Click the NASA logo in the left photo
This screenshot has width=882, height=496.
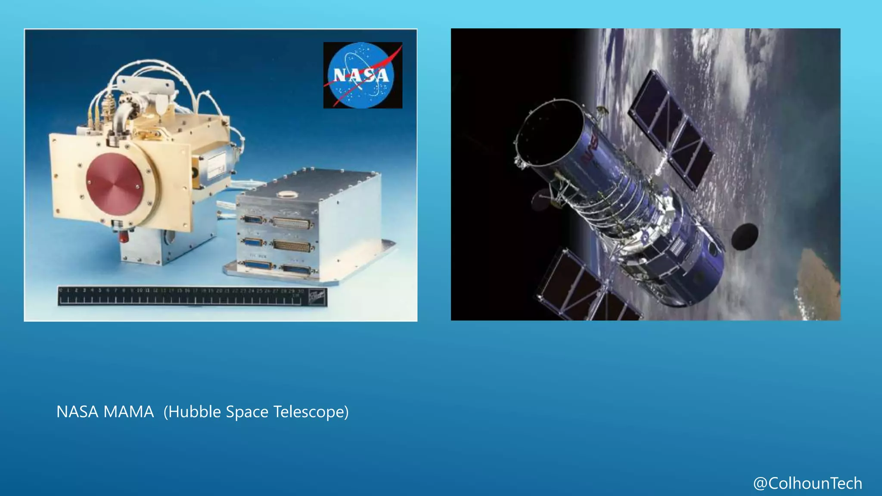(x=363, y=75)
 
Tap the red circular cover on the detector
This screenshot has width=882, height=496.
(x=114, y=184)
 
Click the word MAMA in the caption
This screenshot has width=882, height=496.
(x=128, y=412)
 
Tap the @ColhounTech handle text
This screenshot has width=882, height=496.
(x=807, y=483)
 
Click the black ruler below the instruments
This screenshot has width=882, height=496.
(x=192, y=296)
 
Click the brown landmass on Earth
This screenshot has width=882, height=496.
(x=818, y=280)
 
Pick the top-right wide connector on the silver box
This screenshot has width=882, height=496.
(x=291, y=223)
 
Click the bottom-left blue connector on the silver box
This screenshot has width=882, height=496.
(x=257, y=265)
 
